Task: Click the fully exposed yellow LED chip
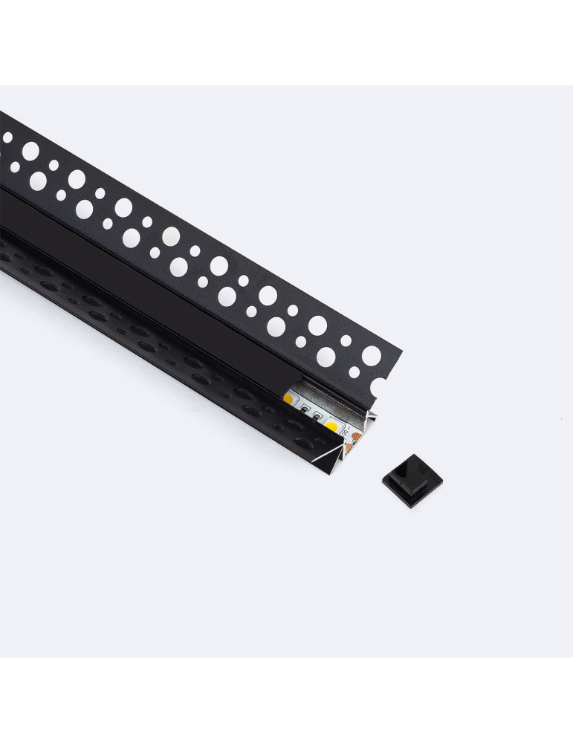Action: pyautogui.click(x=332, y=428)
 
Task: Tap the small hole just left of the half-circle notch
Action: pyautogui.click(x=355, y=371)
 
